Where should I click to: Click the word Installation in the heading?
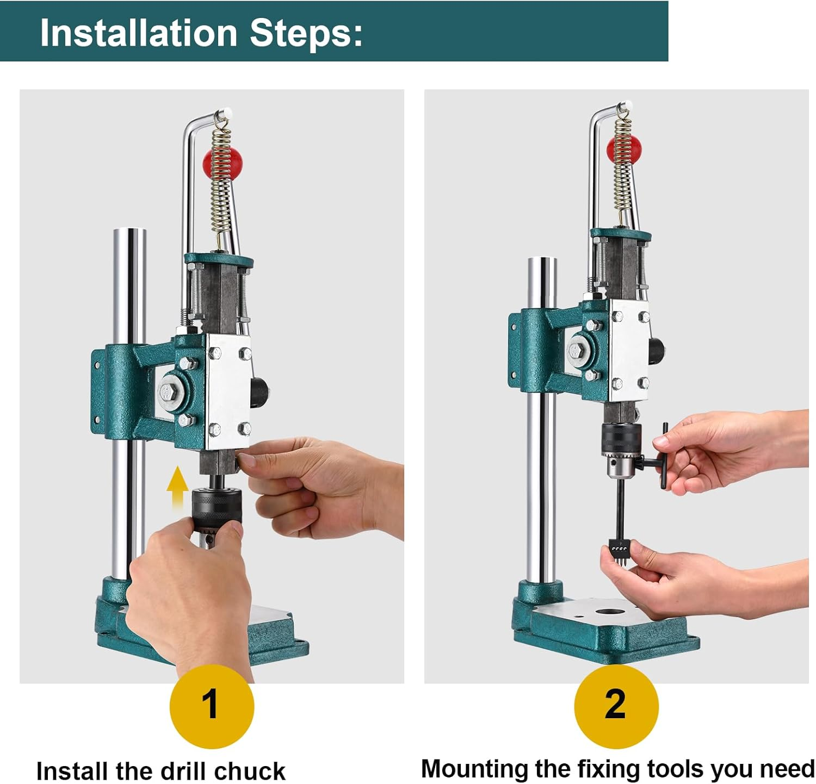click(139, 33)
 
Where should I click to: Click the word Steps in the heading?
click(306, 33)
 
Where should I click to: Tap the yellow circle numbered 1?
click(212, 706)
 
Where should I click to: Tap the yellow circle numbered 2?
click(616, 706)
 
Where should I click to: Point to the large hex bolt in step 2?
click(576, 349)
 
